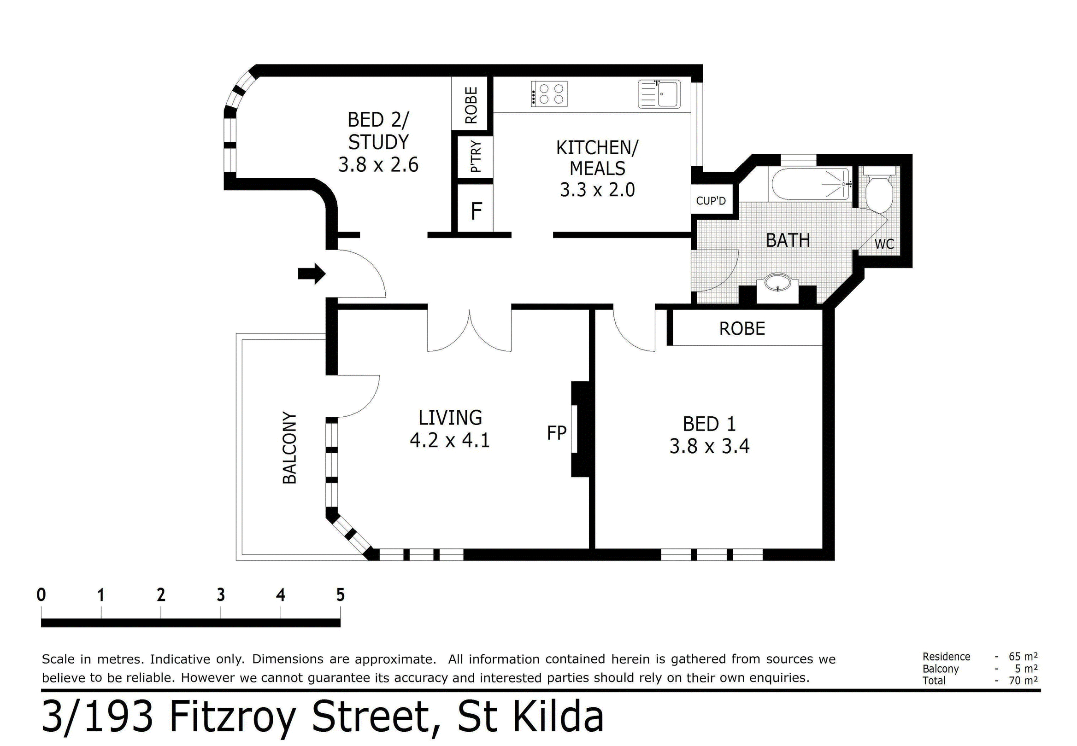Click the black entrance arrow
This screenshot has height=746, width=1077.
point(312,274)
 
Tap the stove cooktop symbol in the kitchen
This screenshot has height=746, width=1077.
point(549,94)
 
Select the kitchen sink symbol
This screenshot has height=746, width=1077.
point(659,94)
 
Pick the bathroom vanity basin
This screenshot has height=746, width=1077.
point(778,283)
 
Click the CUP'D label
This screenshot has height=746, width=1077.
point(711,201)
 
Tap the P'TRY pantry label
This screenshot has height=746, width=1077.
point(475,157)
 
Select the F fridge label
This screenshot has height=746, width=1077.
point(476,211)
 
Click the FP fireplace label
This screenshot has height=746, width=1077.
point(557,433)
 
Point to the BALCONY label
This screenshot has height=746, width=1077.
point(289,447)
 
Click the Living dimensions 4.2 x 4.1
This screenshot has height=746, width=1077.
point(449,440)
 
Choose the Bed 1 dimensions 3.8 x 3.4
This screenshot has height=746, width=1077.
point(709,446)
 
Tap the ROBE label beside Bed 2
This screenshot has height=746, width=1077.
point(471,105)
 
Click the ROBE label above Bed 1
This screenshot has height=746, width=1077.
point(742,329)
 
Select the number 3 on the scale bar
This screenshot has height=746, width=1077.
point(221,595)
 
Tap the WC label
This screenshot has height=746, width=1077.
point(884,244)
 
